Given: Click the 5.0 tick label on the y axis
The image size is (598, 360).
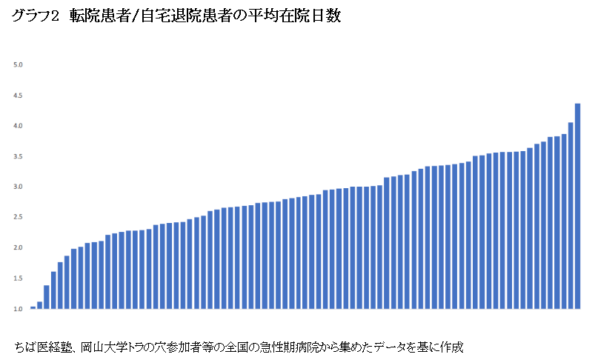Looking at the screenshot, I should [x=19, y=65].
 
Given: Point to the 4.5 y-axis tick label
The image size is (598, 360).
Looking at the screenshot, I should [x=19, y=96].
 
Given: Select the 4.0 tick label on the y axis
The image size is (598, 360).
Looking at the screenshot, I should [x=19, y=126].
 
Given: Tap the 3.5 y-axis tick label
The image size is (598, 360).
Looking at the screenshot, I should [x=19, y=156].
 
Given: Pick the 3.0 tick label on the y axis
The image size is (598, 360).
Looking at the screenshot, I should [x=19, y=187].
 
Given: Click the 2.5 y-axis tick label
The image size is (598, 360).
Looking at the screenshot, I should [x=19, y=217].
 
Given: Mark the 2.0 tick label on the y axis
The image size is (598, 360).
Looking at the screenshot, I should [x=19, y=247].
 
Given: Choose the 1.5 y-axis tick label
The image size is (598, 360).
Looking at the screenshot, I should [x=19, y=278].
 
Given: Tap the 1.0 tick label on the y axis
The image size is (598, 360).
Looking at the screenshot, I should [x=19, y=308].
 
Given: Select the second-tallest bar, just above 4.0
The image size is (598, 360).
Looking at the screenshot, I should [x=571, y=215].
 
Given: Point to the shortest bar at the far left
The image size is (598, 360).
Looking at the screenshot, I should [x=33, y=307].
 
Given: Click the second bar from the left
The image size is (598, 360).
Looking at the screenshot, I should [x=39, y=305].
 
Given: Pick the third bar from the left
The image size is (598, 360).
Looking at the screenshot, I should [x=46, y=297].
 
